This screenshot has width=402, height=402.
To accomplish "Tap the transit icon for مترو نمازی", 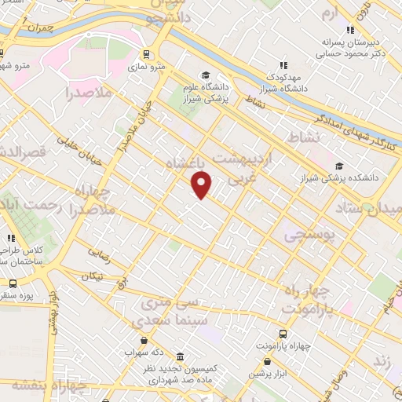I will (x=146, y=54).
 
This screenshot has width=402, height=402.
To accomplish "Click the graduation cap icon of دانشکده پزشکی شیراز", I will (x=339, y=166).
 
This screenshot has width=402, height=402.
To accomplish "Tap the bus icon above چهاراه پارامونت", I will (x=285, y=333).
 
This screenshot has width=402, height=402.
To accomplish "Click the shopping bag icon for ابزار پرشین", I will (x=268, y=362).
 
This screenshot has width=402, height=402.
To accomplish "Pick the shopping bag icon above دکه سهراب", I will (x=144, y=340).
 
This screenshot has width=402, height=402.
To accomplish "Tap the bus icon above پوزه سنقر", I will (x=12, y=283).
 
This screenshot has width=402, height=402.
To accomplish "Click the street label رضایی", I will (x=99, y=253).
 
